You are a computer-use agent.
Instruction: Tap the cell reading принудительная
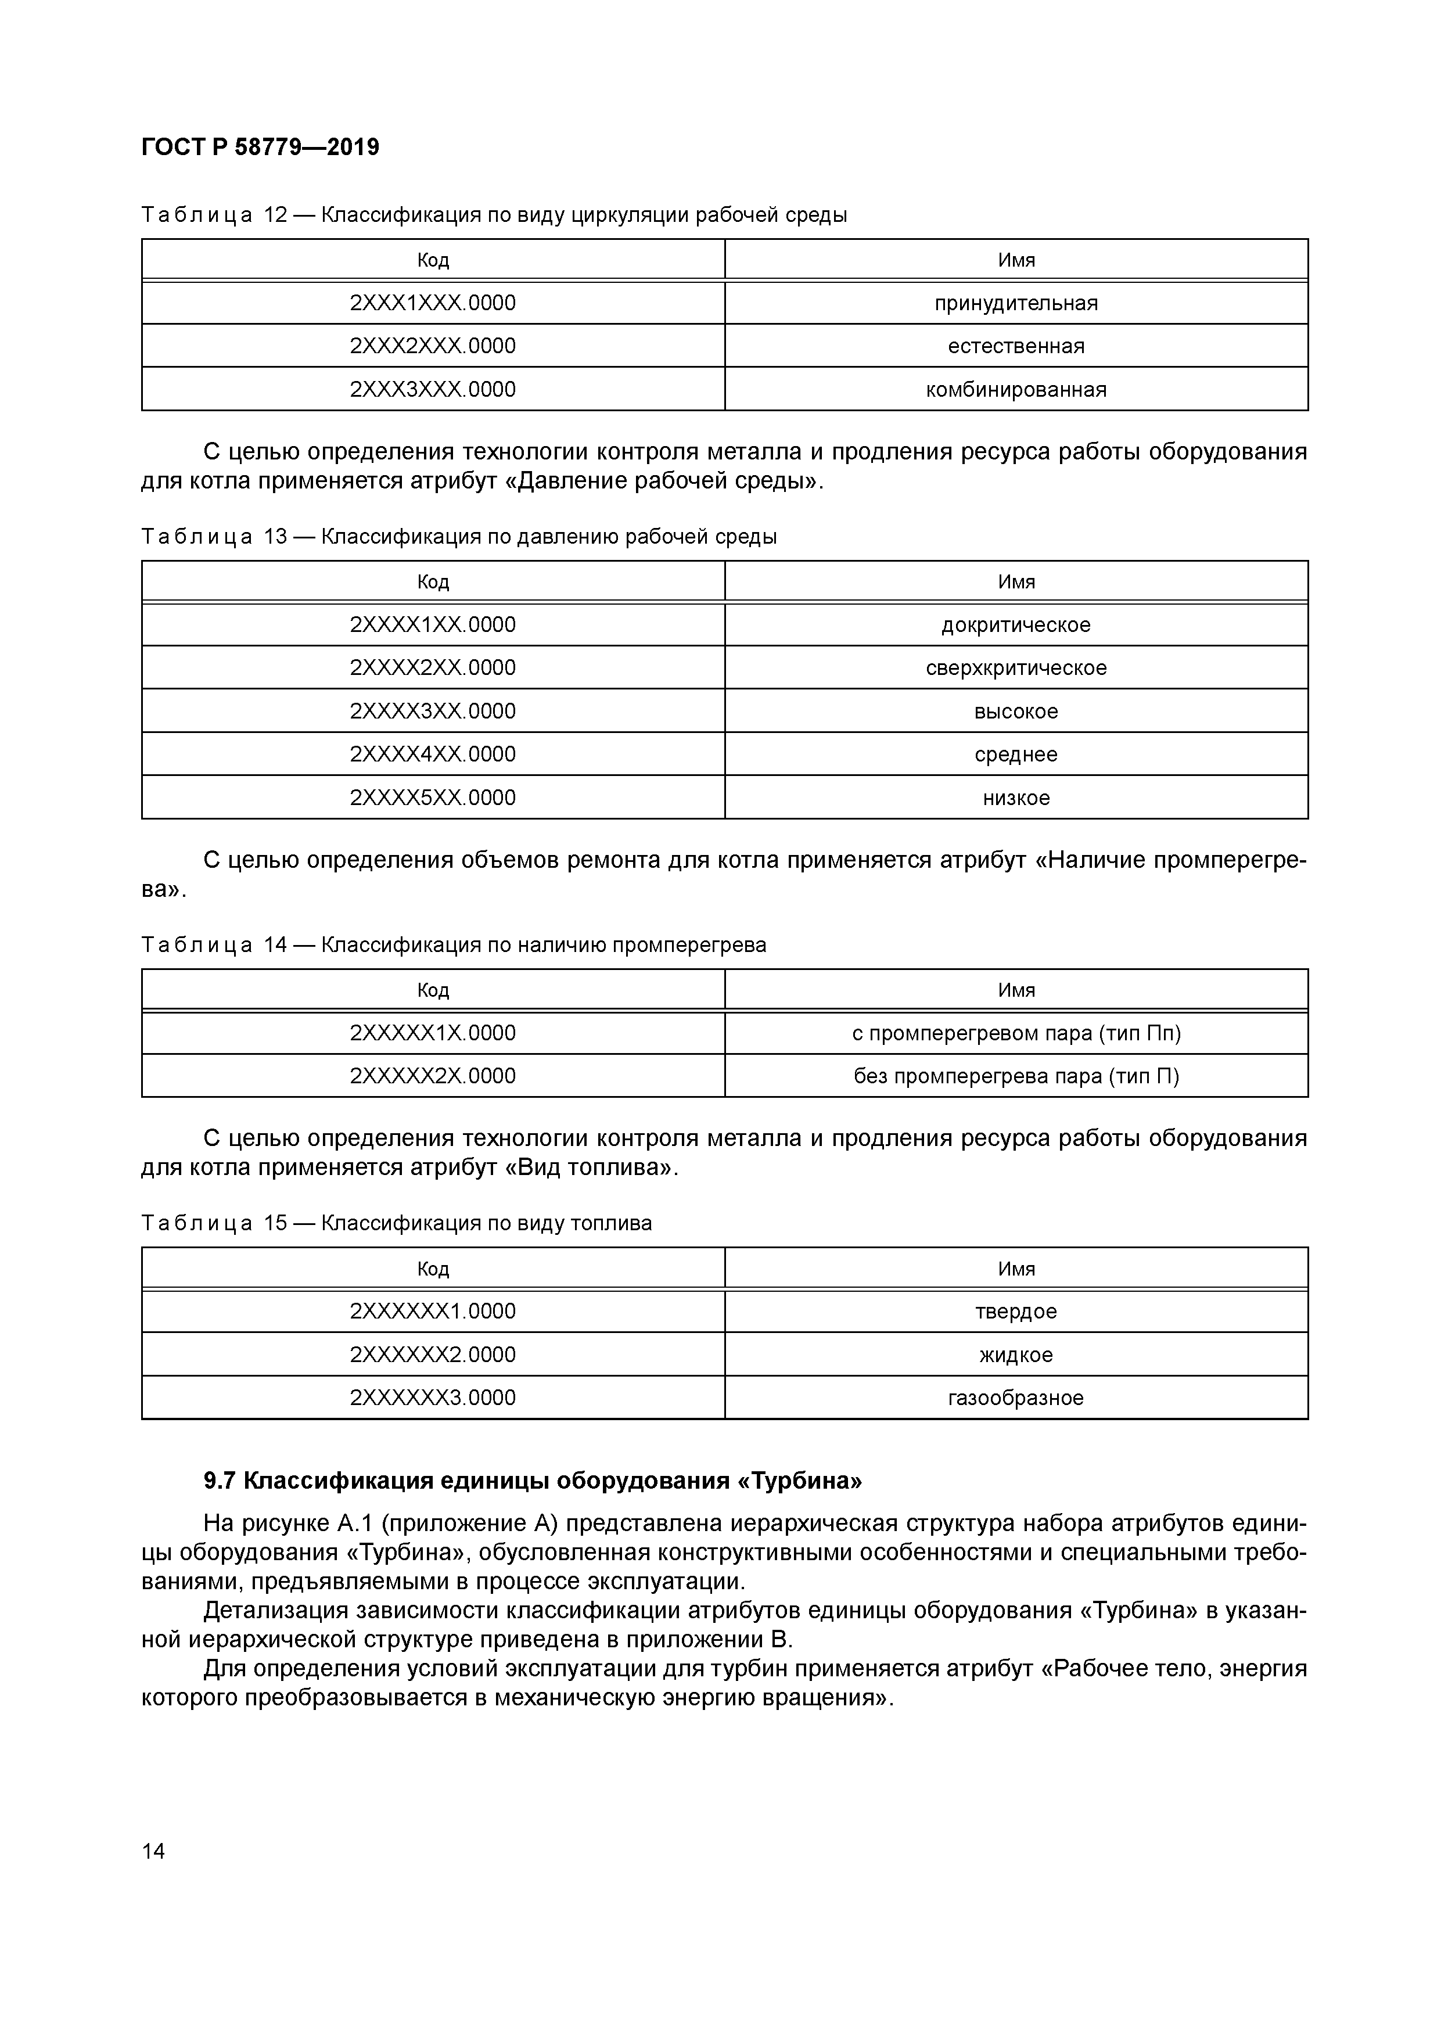coord(1015,303)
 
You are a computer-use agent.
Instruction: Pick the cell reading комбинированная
coord(1015,390)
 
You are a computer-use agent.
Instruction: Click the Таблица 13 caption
coord(459,537)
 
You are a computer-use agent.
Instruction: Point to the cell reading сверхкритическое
coord(1015,668)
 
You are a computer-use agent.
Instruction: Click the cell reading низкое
coord(1015,797)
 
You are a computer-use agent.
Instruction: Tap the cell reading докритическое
coord(1015,624)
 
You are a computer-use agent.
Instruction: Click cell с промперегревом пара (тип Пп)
coord(1015,1033)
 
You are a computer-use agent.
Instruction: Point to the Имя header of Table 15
coord(1015,1269)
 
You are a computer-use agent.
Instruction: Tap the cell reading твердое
coord(1015,1312)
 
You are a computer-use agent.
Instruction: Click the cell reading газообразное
coord(1015,1398)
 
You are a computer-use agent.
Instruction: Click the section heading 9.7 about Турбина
coord(533,1481)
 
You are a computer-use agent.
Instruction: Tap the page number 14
coord(153,1851)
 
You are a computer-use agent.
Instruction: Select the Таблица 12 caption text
coord(493,215)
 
